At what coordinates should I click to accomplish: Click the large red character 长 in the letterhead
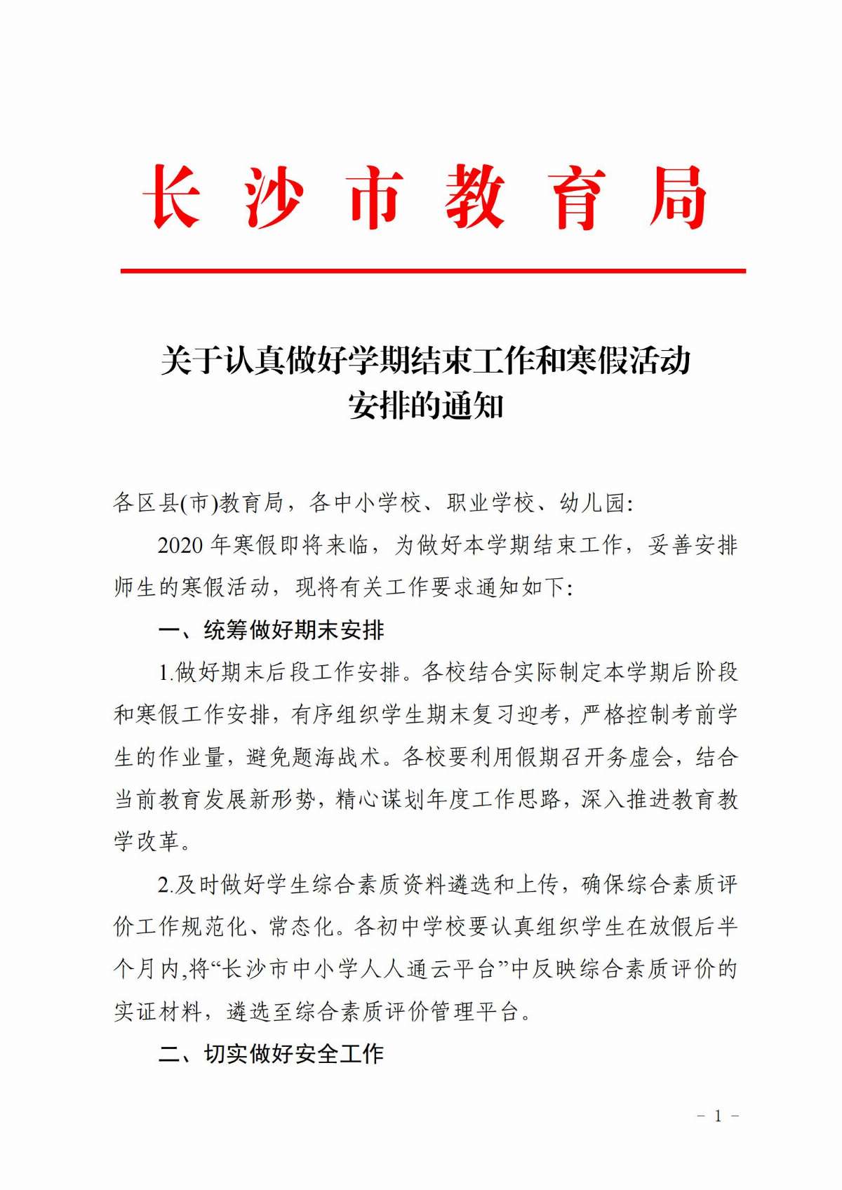(x=173, y=197)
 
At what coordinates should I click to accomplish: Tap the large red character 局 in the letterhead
(x=677, y=197)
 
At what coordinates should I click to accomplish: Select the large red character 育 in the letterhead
(x=577, y=197)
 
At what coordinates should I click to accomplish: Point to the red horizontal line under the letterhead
(x=432, y=270)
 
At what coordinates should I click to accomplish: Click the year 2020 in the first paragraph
(x=180, y=545)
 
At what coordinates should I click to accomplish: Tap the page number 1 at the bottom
(x=718, y=1116)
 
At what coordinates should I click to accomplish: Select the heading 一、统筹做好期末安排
(x=271, y=630)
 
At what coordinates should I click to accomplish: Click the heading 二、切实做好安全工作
(x=271, y=1053)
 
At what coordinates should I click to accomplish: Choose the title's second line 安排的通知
(x=426, y=406)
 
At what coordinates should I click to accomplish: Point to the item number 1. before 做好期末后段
(x=166, y=673)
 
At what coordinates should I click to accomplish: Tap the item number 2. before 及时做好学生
(x=166, y=885)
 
